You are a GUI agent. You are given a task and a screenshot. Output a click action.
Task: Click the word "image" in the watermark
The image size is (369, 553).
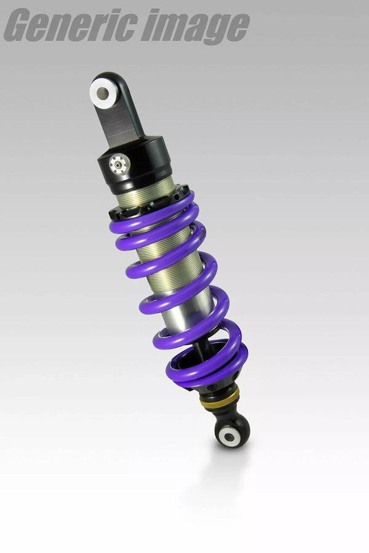194,27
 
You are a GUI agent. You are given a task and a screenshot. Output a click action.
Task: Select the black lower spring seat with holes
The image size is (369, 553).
212,388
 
